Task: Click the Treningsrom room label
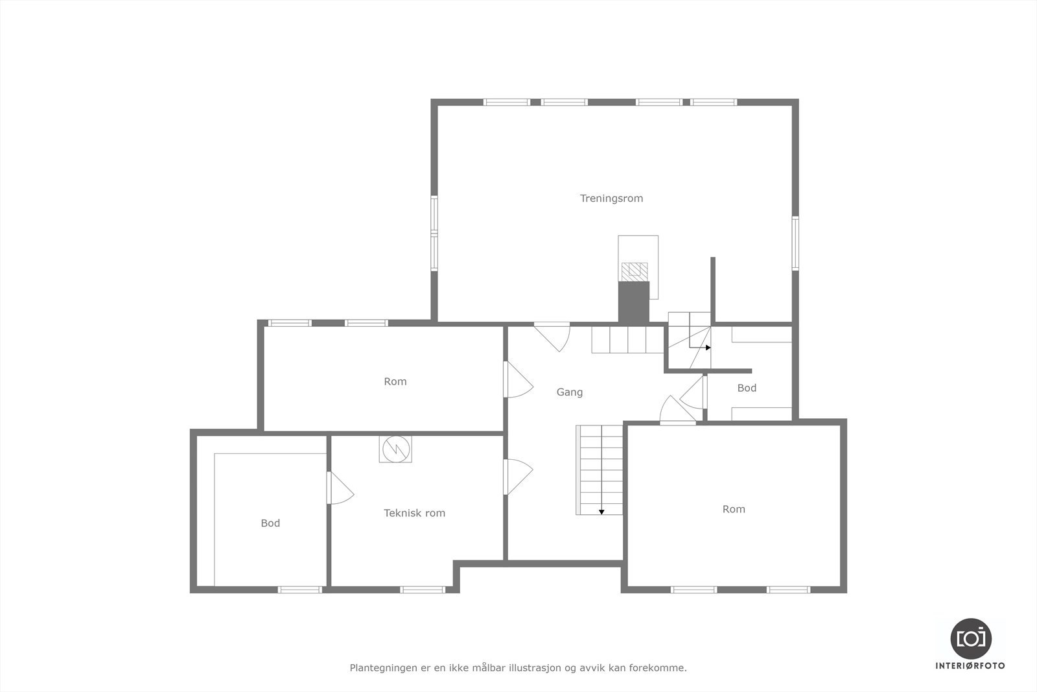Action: [611, 198]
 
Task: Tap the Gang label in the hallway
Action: [569, 392]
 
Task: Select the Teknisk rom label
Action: [414, 513]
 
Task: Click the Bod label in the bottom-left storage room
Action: [270, 523]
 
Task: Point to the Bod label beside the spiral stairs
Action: [747, 388]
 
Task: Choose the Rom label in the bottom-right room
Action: [734, 509]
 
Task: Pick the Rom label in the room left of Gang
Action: [395, 381]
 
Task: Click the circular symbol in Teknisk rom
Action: [395, 449]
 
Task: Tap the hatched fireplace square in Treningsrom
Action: [634, 272]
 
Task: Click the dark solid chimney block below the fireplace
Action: [633, 302]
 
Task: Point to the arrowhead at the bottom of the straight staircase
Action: [601, 512]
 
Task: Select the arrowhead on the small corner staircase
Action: [708, 348]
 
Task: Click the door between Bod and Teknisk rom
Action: [339, 488]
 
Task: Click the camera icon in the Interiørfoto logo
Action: [970, 638]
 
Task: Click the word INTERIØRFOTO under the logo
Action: [970, 665]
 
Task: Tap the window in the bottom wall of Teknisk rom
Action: [422, 590]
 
